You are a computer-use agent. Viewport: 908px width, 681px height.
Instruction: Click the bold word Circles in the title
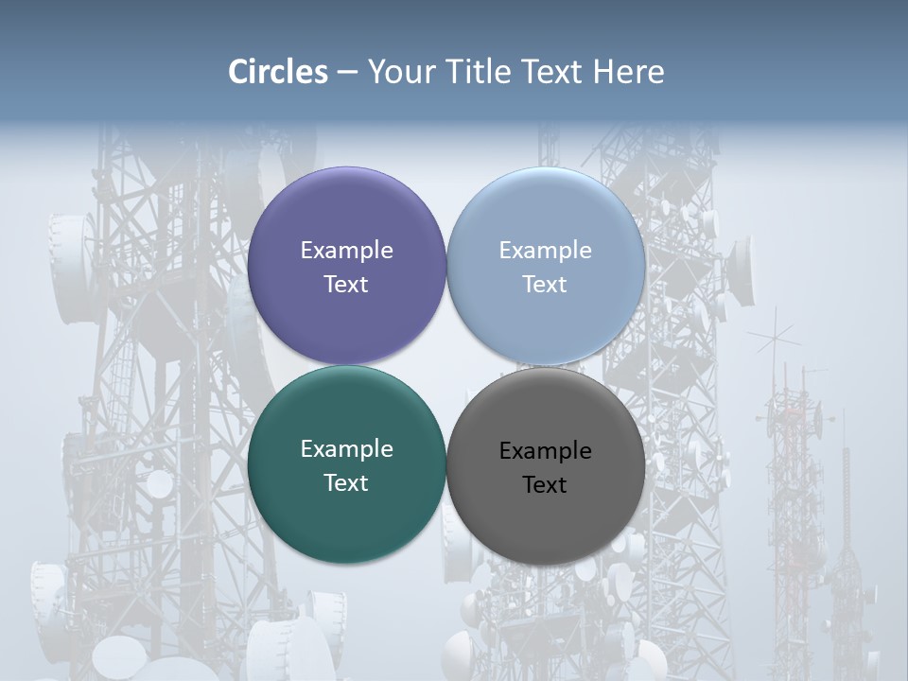[277, 72]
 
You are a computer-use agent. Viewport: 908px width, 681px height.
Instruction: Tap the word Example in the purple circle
[346, 250]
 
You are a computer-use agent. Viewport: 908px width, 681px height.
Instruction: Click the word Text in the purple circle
[346, 284]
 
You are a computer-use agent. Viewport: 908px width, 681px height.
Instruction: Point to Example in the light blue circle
[545, 250]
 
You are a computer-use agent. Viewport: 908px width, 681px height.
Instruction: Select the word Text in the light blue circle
[545, 284]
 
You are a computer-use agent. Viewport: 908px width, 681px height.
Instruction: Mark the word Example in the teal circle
[346, 448]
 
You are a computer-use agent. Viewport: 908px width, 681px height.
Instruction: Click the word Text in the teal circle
[346, 482]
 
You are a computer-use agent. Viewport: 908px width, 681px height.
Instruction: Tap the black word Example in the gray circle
[545, 450]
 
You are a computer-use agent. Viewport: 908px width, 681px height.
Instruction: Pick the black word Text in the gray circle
[545, 484]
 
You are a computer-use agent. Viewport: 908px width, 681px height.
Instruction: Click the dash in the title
[347, 72]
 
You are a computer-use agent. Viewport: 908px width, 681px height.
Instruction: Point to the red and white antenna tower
[793, 492]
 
